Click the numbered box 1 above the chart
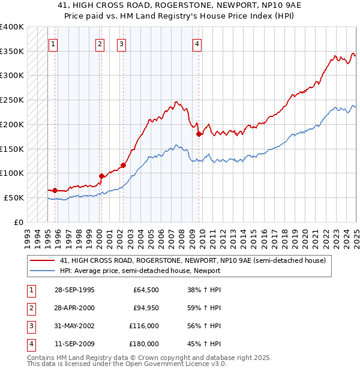tap(53, 43)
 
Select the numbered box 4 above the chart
tap(197, 43)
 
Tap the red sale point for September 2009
tap(199, 134)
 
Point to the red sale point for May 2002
tap(123, 165)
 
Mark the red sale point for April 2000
tap(101, 176)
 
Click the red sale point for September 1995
tap(55, 190)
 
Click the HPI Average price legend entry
tap(140, 271)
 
